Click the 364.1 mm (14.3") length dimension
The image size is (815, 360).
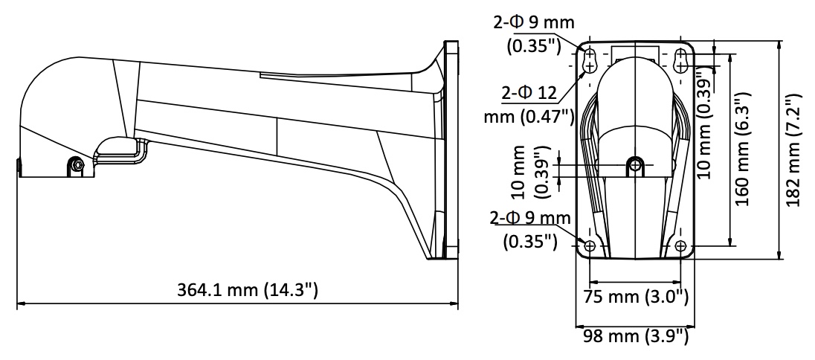click(247, 290)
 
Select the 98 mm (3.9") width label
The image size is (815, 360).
click(635, 337)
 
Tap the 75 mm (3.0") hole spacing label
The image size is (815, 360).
click(637, 297)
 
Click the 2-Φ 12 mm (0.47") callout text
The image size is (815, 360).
click(529, 105)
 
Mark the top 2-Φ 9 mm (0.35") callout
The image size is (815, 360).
click(534, 33)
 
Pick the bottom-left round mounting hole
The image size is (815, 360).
click(590, 246)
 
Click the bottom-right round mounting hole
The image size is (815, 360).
click(681, 246)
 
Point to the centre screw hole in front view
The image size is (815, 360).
click(635, 165)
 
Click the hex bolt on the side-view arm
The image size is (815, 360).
click(77, 165)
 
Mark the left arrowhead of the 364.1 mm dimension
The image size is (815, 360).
click(22, 302)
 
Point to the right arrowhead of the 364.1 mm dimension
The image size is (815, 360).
click(454, 302)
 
